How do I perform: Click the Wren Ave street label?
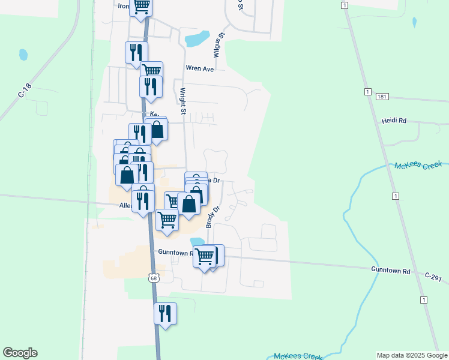[x=200, y=69]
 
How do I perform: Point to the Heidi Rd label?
[x=394, y=121]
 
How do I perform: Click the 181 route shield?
[x=382, y=96]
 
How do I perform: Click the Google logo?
[x=20, y=353]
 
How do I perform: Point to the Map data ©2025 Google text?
[x=411, y=355]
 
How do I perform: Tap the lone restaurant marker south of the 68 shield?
[x=165, y=314]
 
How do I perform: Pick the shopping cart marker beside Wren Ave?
[x=152, y=71]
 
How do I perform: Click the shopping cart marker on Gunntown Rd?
[x=205, y=256]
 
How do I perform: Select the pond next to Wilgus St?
[x=196, y=40]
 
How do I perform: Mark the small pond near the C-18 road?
[x=23, y=55]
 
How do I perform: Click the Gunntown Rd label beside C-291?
[x=390, y=271]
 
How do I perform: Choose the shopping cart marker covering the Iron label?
[x=141, y=7]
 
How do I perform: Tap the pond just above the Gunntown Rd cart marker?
[x=197, y=242]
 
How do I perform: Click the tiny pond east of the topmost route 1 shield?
[x=414, y=23]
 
